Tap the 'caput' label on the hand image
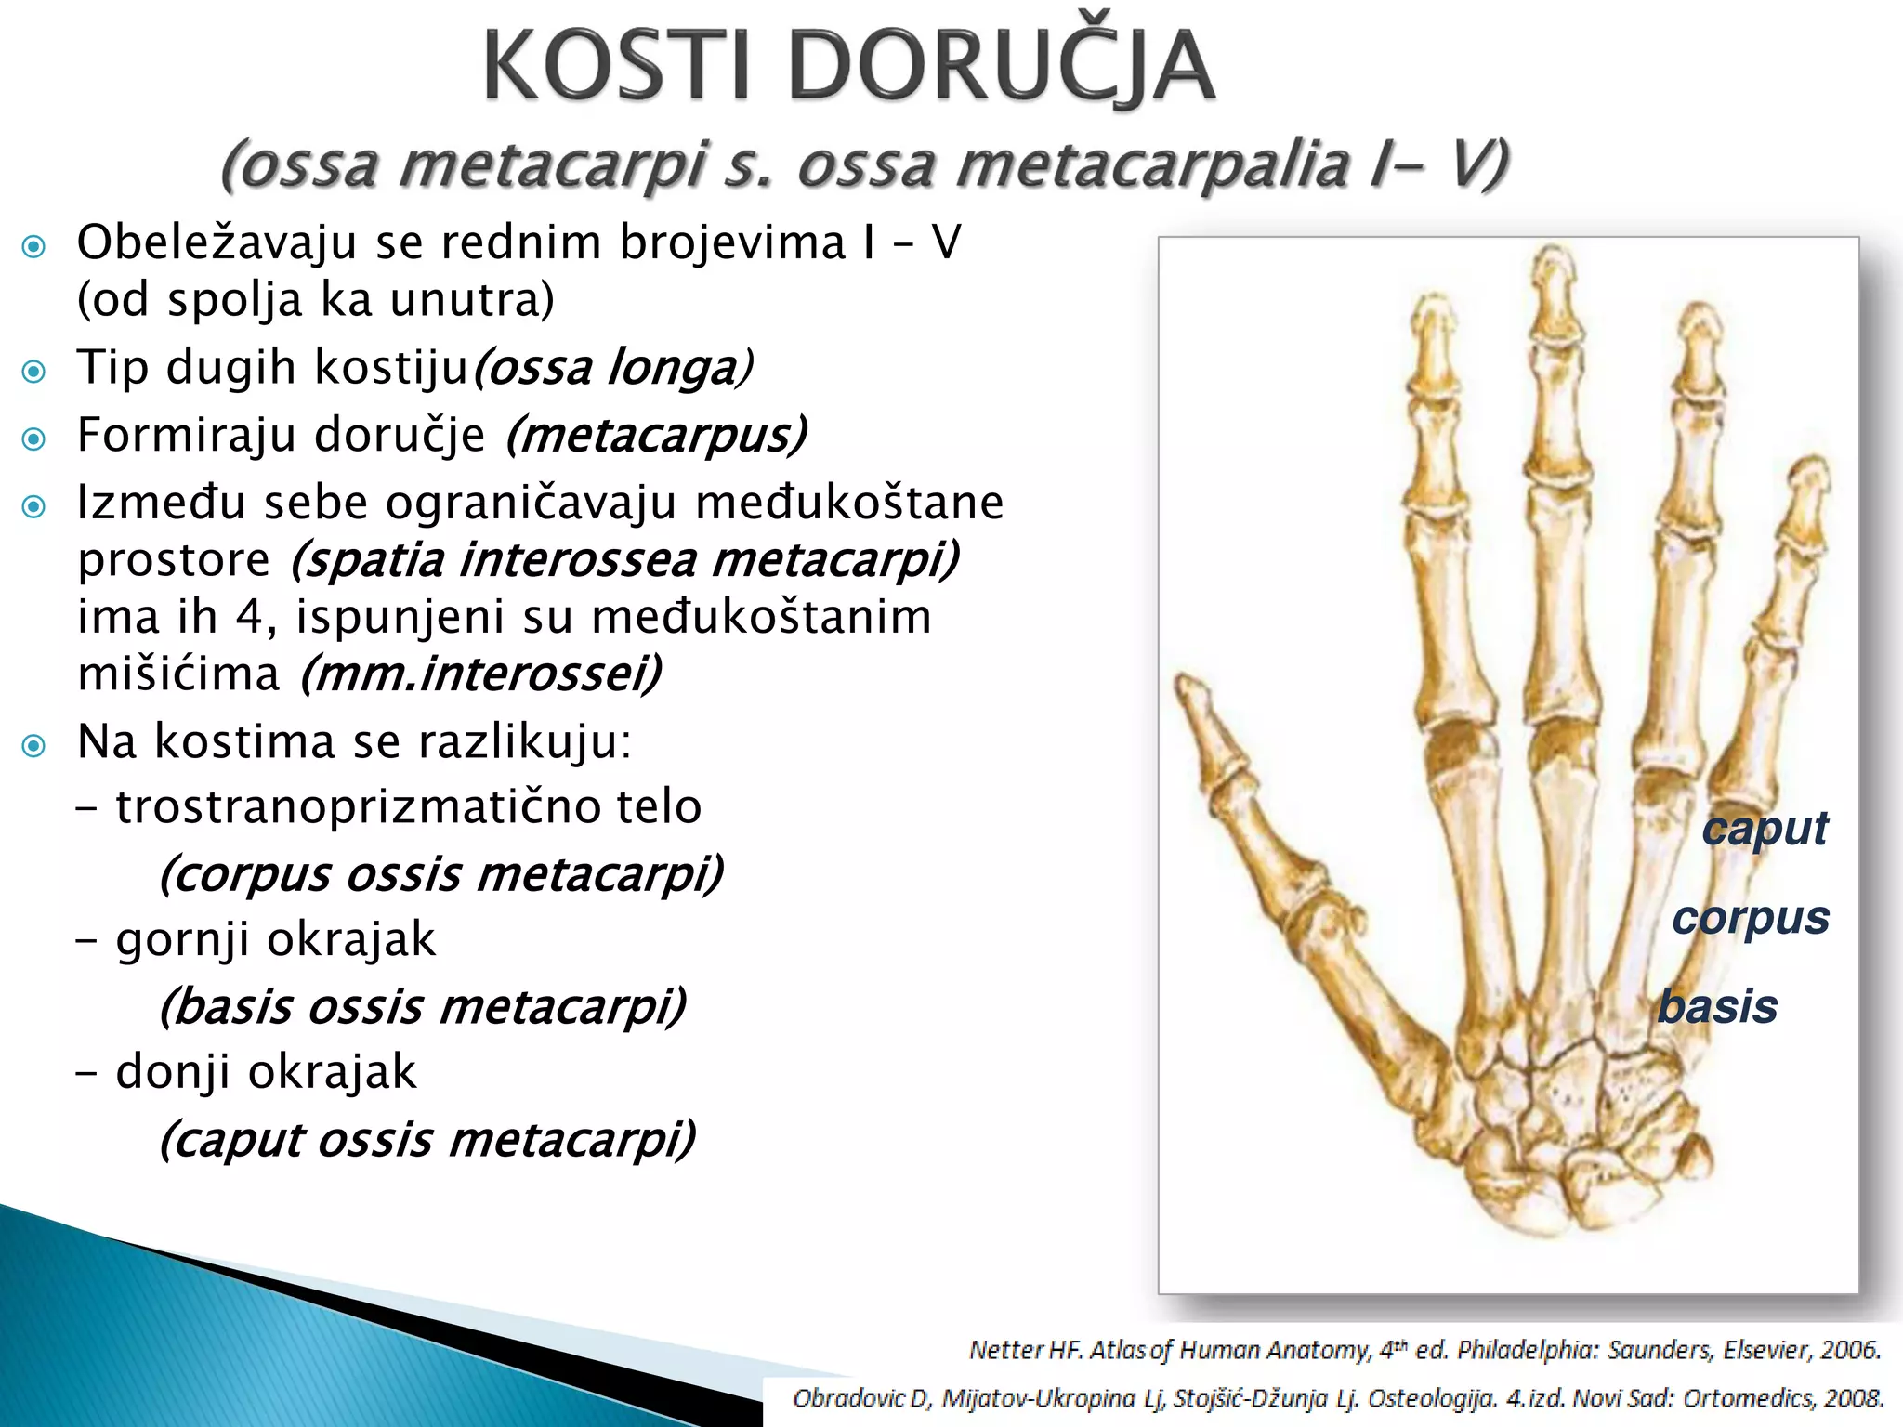1764,828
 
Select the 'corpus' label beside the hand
1751,918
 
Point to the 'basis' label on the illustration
1717,1007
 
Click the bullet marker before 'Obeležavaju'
34,246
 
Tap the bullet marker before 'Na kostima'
34,745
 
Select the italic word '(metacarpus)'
657,435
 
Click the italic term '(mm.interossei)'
480,674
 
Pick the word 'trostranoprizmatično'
357,806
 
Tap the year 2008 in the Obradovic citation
1854,1397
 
